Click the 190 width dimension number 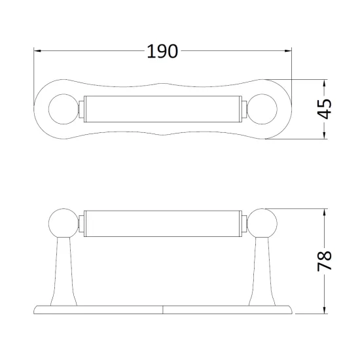162,51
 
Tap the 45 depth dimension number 324,109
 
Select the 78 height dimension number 324,261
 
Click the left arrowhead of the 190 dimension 37,51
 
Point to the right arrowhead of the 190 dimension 288,51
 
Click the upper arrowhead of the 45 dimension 325,83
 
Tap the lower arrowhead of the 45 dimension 325,135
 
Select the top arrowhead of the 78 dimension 325,212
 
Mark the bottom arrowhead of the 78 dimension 325,310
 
